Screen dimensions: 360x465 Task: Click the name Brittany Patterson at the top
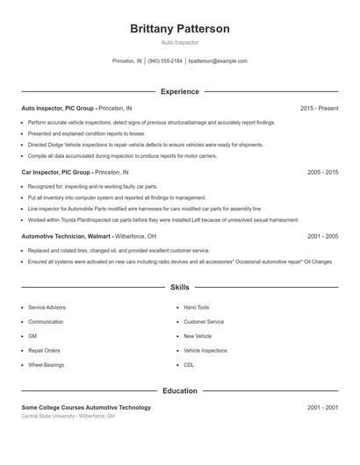point(180,29)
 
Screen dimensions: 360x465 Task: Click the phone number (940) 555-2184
point(165,61)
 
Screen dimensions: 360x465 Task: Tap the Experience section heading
point(180,91)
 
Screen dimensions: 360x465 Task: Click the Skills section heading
point(180,287)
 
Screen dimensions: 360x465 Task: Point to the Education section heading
point(180,390)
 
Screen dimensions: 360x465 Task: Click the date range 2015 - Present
point(319,108)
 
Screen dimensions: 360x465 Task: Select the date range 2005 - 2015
point(322,173)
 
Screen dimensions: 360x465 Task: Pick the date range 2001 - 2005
point(322,236)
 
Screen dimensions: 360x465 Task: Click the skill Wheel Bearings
point(47,364)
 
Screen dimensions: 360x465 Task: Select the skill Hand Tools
point(196,308)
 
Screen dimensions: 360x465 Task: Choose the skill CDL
point(189,364)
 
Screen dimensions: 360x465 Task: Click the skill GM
point(32,336)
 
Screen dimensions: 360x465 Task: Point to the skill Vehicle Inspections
point(205,350)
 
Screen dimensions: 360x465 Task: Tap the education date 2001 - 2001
point(322,407)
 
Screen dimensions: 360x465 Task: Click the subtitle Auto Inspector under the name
point(180,42)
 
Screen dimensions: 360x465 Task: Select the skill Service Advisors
point(47,308)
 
